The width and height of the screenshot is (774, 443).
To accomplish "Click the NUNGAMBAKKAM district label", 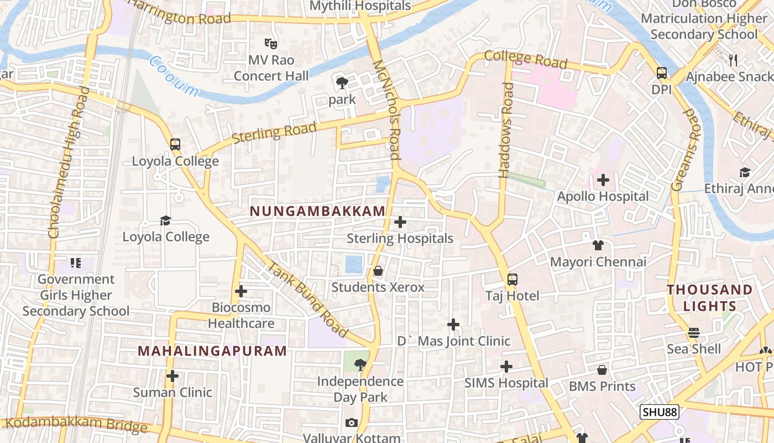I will (317, 211).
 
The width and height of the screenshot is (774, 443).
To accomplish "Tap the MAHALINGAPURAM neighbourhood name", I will (212, 351).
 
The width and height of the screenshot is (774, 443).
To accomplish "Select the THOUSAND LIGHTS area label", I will (710, 298).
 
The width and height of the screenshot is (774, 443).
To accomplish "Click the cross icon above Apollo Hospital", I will (603, 180).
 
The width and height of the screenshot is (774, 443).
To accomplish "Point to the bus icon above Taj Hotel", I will (512, 280).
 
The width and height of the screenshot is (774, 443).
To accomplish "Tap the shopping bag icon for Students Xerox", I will (378, 271).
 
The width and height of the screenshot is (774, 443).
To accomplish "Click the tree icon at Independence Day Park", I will (360, 365).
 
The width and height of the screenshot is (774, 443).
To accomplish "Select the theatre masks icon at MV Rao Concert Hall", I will (270, 43).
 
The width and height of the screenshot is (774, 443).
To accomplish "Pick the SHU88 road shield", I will (659, 412).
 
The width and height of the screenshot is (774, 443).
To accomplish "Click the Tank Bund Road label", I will (307, 299).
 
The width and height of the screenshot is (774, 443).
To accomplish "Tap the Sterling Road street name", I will (274, 133).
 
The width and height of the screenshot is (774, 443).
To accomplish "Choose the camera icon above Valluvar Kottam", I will (351, 423).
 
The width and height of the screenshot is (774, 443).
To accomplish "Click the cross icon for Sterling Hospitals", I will (400, 222).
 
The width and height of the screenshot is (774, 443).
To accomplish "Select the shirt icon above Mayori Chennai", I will (598, 245).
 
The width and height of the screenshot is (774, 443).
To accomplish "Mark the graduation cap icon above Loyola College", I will (165, 221).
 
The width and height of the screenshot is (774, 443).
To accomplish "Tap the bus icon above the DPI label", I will (661, 73).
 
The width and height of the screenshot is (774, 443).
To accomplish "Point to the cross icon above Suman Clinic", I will (172, 376).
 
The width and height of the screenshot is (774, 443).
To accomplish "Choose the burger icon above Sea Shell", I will (694, 333).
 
